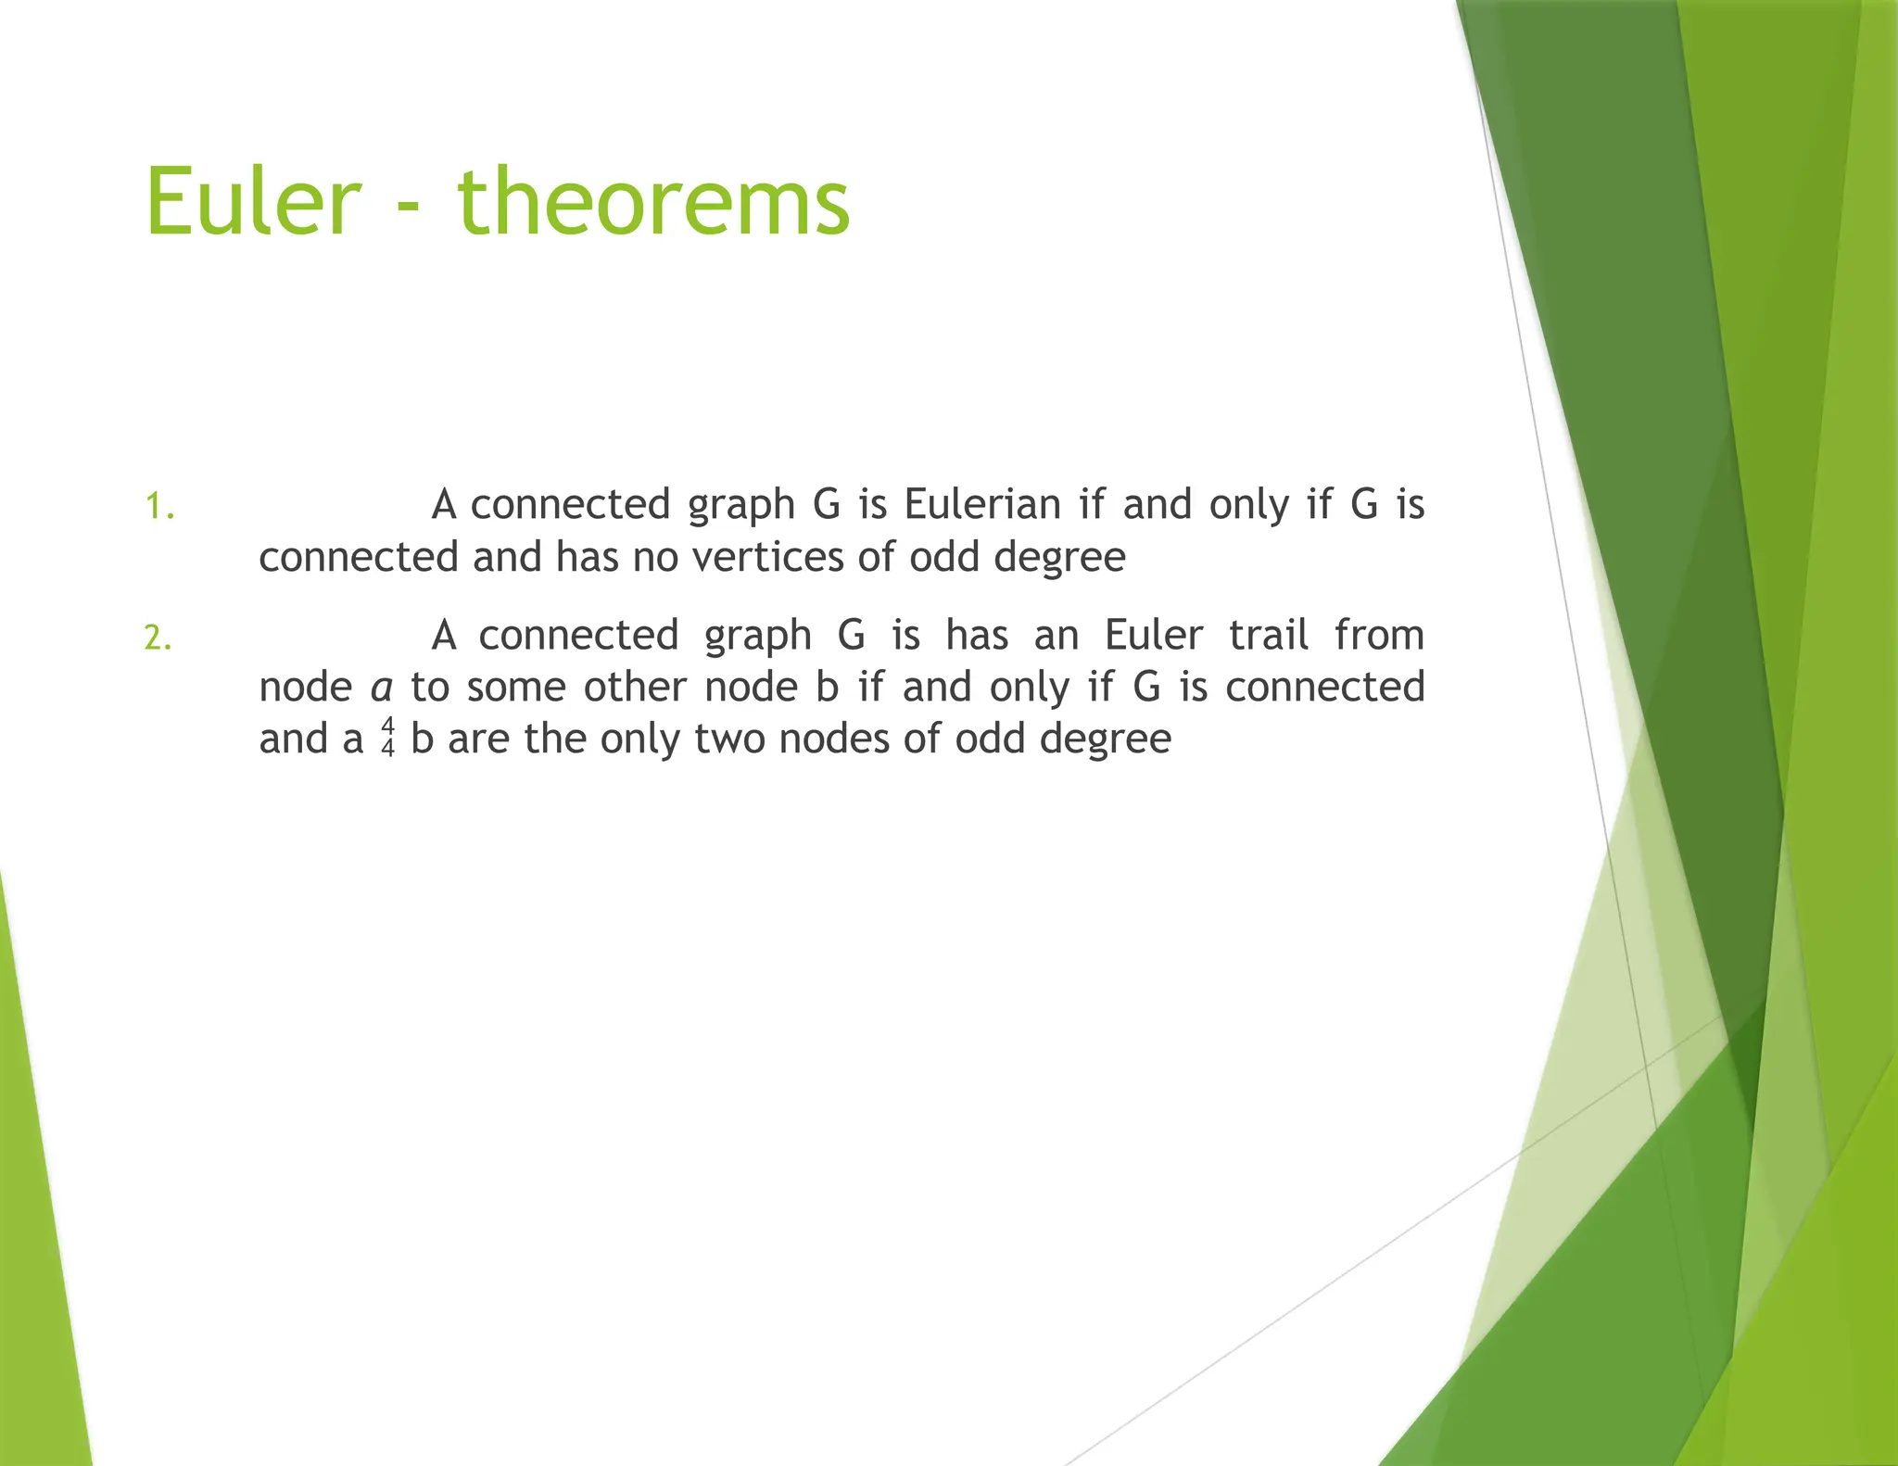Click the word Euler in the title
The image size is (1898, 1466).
pyautogui.click(x=252, y=202)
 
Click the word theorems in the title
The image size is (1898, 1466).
pyautogui.click(x=653, y=202)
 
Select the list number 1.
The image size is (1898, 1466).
pyautogui.click(x=159, y=507)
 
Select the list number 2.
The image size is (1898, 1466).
pyautogui.click(x=158, y=638)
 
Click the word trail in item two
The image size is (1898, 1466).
pyautogui.click(x=1268, y=636)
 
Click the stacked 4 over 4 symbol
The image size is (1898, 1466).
pyautogui.click(x=387, y=738)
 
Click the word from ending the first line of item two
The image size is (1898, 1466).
pyautogui.click(x=1379, y=636)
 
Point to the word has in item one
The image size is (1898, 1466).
pyautogui.click(x=587, y=558)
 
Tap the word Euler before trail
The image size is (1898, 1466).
pyautogui.click(x=1153, y=636)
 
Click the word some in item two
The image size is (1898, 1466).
pyautogui.click(x=515, y=688)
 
